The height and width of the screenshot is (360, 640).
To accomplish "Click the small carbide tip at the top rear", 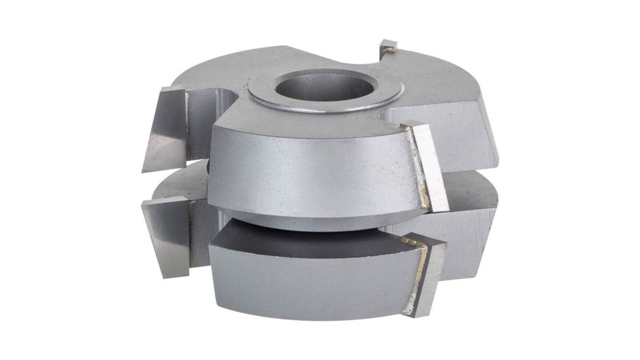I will [388, 46].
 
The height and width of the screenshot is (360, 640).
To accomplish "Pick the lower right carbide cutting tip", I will [429, 275].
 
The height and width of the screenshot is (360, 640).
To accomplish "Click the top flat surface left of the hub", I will [216, 72].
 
